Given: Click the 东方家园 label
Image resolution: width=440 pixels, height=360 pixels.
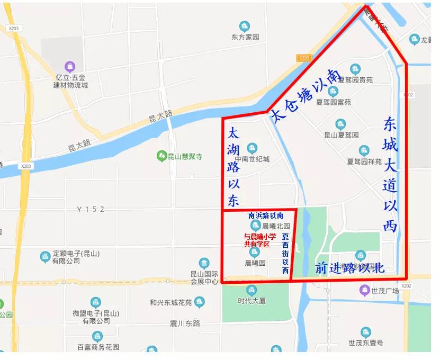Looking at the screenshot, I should point(245,38).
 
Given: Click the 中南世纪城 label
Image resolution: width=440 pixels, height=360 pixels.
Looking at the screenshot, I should point(252,159).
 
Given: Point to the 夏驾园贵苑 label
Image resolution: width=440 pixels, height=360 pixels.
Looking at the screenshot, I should point(355,80).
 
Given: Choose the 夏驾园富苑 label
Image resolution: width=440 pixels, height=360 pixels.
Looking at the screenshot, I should point(333,102).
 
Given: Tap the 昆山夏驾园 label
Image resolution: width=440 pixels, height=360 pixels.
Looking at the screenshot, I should point(341,135).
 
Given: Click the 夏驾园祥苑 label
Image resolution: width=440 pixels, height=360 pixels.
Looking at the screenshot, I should point(364,161).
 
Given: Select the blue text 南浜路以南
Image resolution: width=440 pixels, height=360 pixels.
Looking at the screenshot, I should point(265,215).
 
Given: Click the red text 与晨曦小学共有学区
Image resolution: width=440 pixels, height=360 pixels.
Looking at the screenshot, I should point(259,240).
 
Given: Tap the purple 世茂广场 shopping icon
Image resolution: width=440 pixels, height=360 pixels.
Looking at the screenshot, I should point(364,290).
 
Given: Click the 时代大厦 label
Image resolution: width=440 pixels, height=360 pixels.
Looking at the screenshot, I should point(252,301).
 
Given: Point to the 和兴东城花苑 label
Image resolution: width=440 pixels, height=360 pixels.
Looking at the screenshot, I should point(170,302).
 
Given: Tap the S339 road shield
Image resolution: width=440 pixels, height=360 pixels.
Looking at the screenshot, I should point(304,58).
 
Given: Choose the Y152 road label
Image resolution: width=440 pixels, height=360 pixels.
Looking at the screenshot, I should point(91,209).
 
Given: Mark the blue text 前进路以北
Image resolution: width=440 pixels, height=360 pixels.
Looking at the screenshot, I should point(349,268).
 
